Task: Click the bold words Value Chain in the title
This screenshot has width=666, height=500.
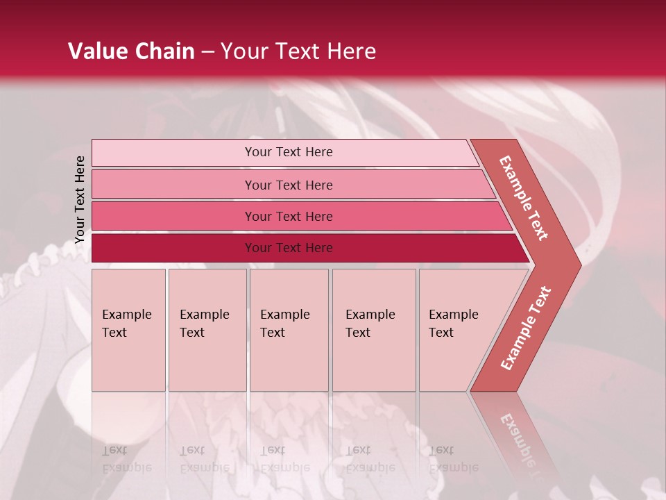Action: [131, 51]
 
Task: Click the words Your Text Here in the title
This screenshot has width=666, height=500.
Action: [298, 51]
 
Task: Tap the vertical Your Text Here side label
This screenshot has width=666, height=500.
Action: [80, 199]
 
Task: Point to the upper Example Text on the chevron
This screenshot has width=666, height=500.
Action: [524, 198]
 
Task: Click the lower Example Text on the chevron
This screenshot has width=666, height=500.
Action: [525, 328]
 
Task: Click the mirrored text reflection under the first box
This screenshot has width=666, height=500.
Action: [126, 459]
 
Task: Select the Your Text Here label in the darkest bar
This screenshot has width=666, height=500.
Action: [289, 248]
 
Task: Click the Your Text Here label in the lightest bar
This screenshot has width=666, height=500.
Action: [289, 152]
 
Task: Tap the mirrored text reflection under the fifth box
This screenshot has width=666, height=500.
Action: [453, 459]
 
